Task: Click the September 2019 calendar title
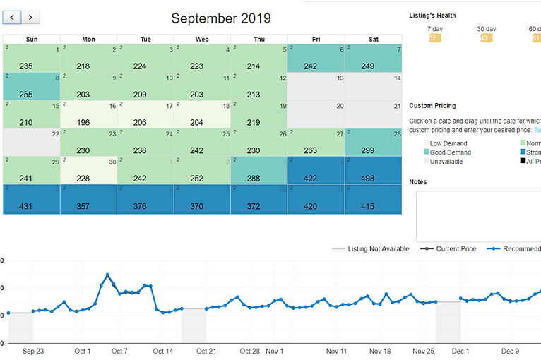tap(220, 18)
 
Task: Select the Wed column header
tap(202, 40)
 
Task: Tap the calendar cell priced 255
tap(31, 86)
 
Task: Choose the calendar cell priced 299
tap(373, 143)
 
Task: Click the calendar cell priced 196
tap(88, 114)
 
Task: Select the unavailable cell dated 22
tap(31, 142)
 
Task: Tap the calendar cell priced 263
tap(316, 143)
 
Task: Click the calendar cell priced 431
tap(31, 200)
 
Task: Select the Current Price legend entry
tap(448, 249)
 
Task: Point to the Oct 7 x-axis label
tap(120, 351)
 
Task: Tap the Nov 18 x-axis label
tap(380, 351)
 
